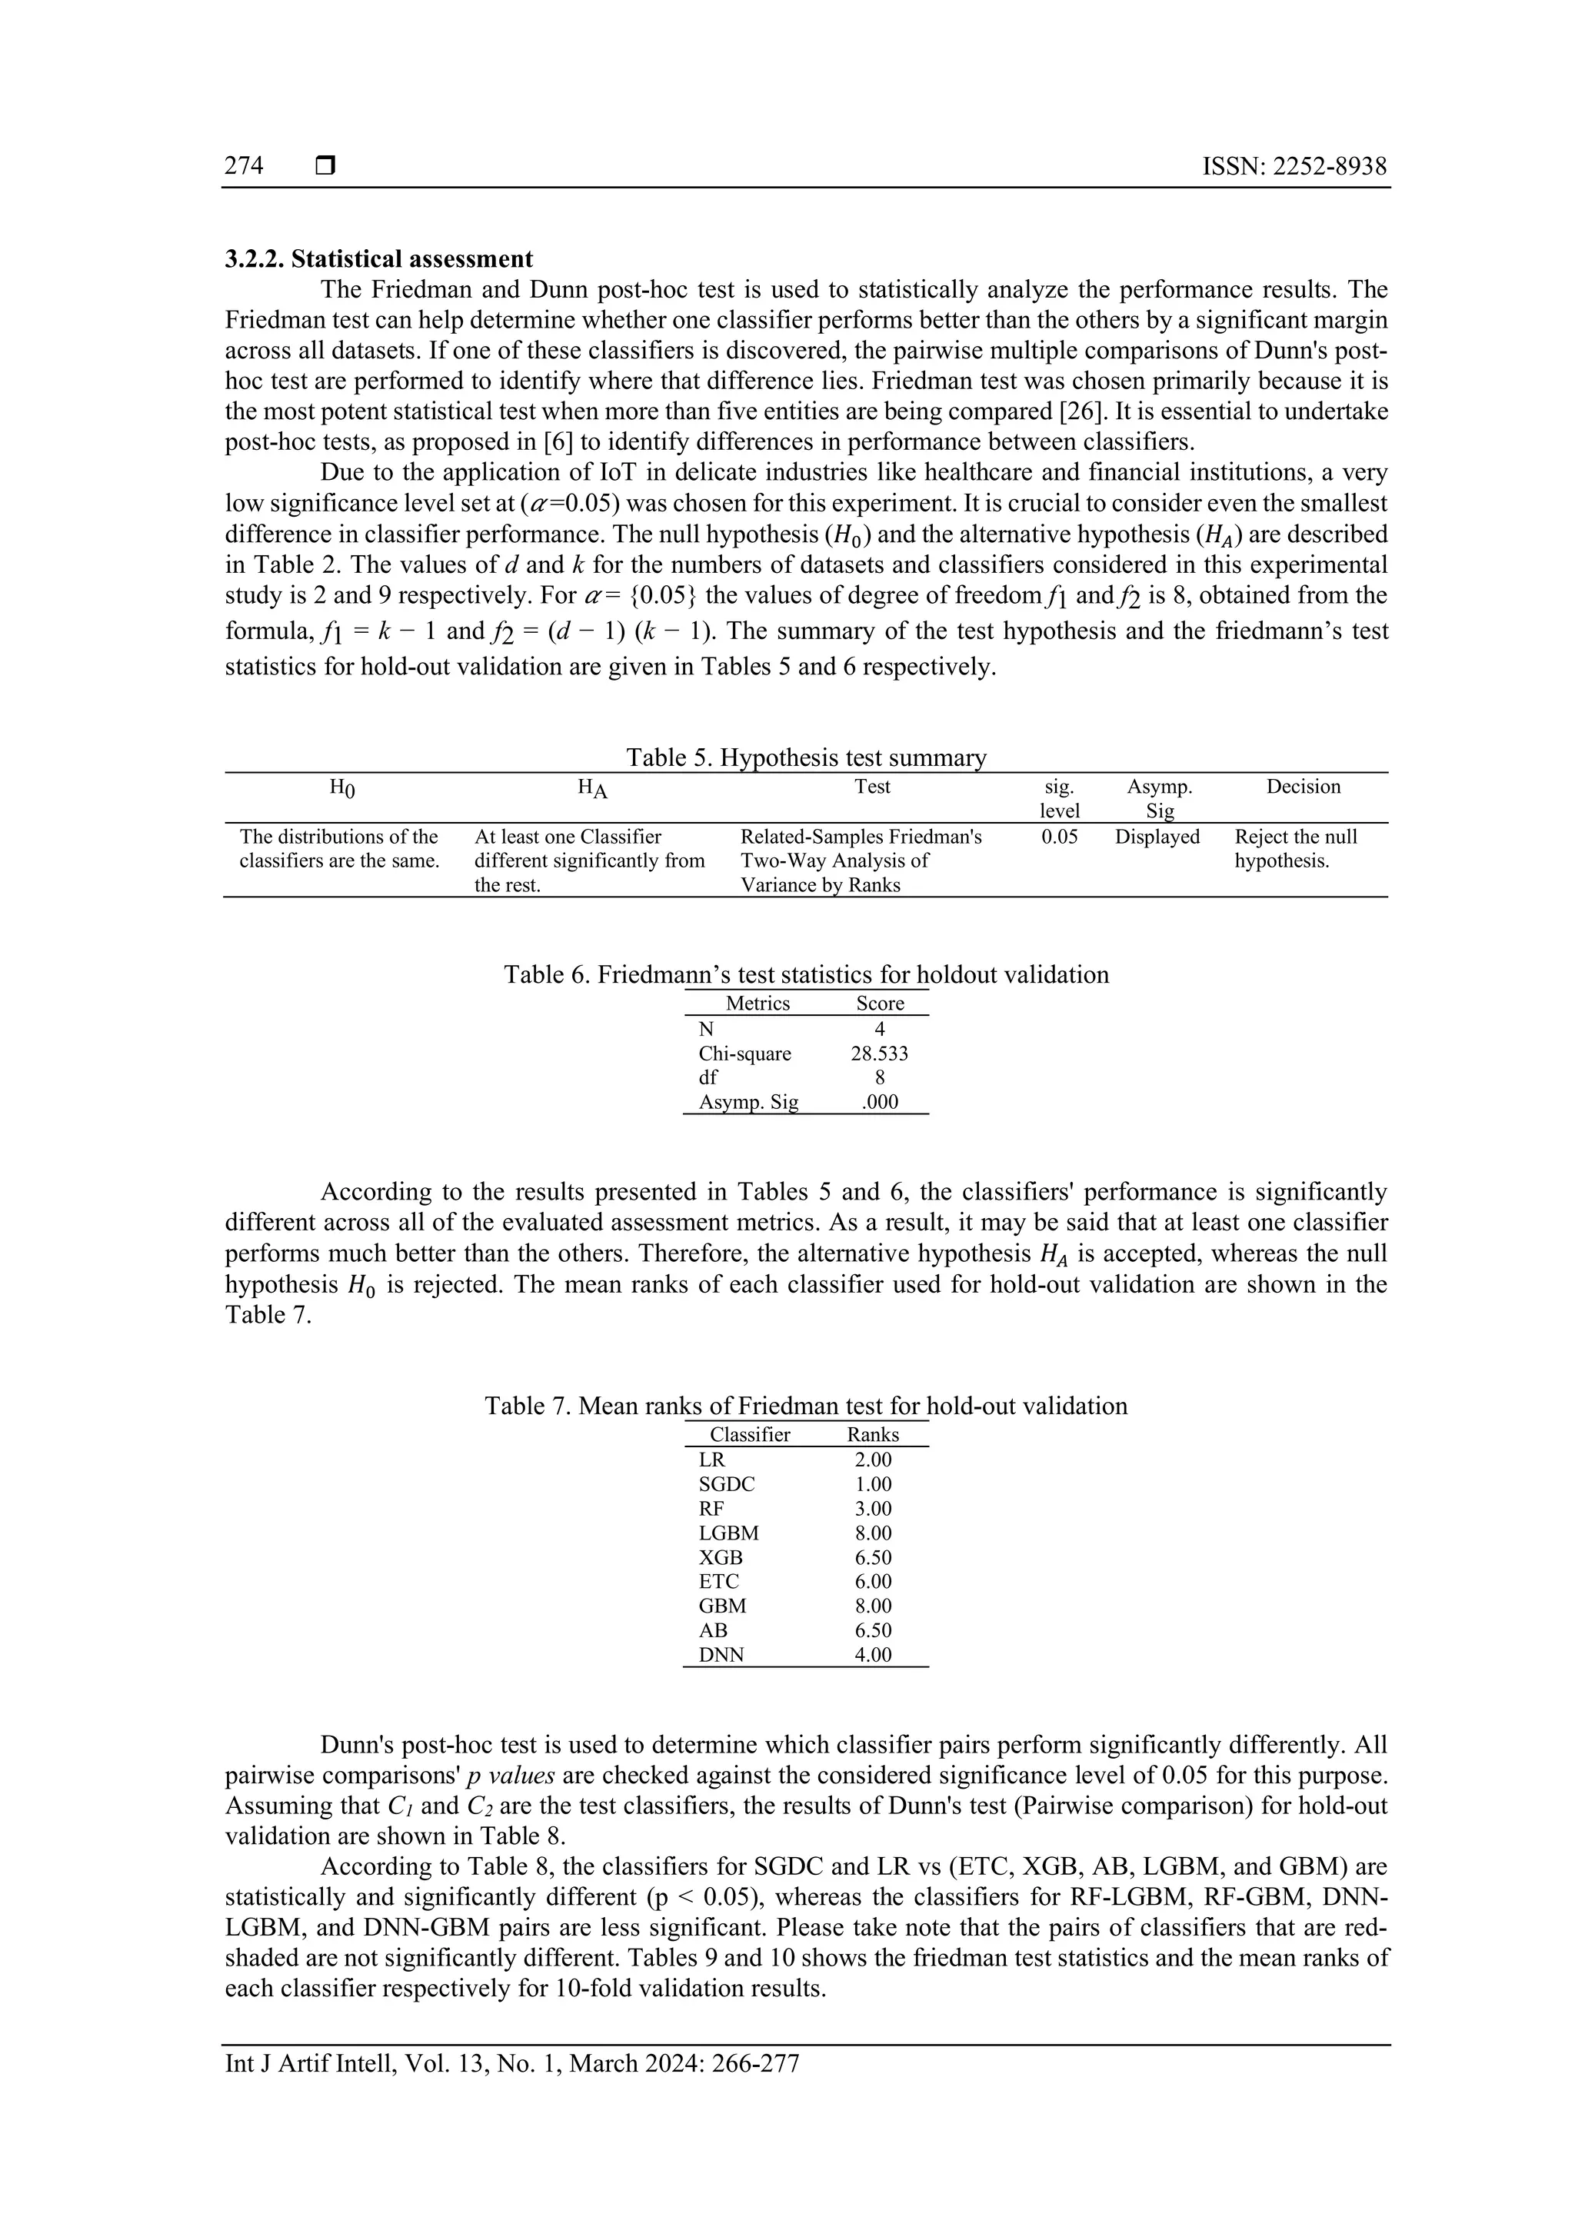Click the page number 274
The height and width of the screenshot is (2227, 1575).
244,166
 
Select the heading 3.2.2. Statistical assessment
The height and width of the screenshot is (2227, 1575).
379,259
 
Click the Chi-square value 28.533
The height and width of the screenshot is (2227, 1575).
879,1054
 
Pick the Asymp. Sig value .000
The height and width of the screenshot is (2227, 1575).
880,1102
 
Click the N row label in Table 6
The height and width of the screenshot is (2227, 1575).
706,1029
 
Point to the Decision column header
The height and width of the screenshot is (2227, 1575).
1303,787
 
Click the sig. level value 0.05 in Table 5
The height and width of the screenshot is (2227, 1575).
1059,836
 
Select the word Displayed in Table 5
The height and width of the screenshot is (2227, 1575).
1157,836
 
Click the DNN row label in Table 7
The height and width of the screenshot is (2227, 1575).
721,1655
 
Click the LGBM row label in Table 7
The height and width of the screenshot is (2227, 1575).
728,1533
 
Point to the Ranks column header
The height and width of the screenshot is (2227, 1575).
873,1434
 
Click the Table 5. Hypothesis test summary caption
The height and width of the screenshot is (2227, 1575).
806,757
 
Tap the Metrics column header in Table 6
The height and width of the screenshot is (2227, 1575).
758,1004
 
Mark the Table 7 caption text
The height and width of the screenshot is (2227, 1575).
806,1406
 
